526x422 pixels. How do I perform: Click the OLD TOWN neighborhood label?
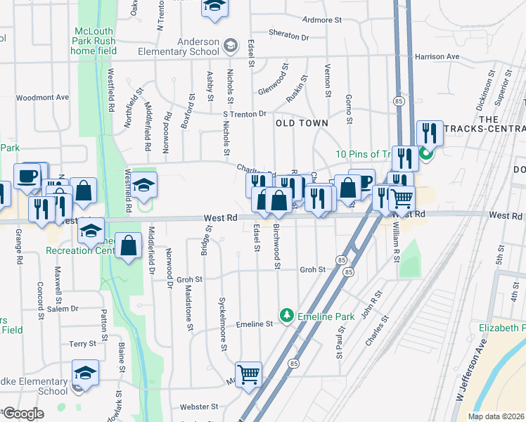point(302,123)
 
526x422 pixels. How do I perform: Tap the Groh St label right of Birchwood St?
point(312,269)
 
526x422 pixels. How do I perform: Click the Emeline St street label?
point(254,324)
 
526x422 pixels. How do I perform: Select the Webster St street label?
point(195,407)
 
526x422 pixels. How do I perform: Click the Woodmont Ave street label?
point(42,98)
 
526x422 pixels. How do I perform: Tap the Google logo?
point(23,414)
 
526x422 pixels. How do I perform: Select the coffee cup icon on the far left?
point(27,176)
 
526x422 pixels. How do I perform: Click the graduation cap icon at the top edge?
point(214,6)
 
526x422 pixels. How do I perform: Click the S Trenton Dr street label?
point(245,113)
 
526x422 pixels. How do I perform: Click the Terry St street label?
point(82,343)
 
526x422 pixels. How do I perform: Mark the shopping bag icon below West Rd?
point(129,247)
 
